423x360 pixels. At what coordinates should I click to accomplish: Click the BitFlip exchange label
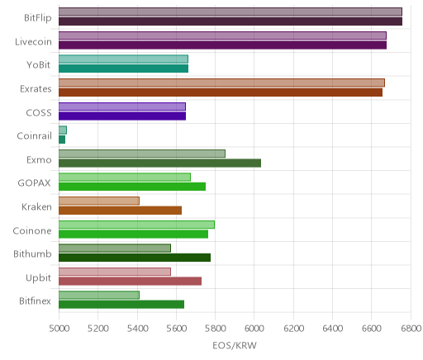[38, 18]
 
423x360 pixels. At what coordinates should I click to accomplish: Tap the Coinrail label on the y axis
[34, 136]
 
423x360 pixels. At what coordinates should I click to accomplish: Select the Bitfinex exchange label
[35, 301]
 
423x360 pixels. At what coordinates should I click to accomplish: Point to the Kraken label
[36, 206]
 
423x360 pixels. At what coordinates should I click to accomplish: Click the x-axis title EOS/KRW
[235, 345]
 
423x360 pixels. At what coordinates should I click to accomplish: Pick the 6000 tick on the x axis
[254, 329]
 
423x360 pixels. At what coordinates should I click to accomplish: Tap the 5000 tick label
[59, 329]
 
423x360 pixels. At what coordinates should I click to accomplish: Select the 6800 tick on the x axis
[411, 329]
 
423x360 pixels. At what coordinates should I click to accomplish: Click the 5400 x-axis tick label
[137, 329]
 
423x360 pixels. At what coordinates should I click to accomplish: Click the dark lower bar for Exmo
[159, 163]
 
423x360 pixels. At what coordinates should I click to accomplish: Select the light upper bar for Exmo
[142, 154]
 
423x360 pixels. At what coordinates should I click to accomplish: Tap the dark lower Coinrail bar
[62, 140]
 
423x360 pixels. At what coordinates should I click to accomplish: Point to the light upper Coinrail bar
[63, 130]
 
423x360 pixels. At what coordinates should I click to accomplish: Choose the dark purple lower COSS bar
[122, 116]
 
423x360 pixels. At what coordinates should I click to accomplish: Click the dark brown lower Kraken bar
[120, 211]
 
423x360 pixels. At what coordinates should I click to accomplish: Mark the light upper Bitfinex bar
[99, 296]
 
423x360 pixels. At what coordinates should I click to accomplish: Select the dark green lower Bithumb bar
[135, 258]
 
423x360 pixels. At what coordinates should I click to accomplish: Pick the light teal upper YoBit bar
[123, 59]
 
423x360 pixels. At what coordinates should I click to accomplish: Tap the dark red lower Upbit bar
[130, 282]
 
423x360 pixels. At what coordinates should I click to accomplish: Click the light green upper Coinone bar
[136, 225]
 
